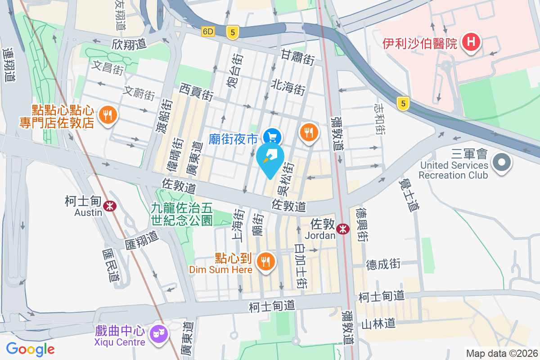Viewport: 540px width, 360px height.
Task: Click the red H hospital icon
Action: click(x=471, y=43)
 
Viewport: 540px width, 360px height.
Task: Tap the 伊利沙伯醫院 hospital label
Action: click(x=419, y=44)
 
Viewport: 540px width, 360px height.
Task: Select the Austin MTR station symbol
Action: click(x=109, y=206)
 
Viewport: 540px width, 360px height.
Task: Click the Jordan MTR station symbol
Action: click(x=343, y=229)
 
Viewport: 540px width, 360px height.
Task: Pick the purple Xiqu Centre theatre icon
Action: click(x=158, y=333)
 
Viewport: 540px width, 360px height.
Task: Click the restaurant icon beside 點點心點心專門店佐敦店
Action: click(x=107, y=115)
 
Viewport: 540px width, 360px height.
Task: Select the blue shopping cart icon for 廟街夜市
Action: click(x=272, y=136)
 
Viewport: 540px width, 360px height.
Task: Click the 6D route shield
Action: click(x=208, y=31)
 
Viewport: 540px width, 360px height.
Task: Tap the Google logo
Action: click(x=30, y=349)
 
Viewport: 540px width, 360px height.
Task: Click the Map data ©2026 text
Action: click(x=501, y=353)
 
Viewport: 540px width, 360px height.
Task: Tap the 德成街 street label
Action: click(x=383, y=264)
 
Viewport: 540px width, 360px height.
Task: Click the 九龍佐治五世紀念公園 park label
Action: click(x=182, y=214)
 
